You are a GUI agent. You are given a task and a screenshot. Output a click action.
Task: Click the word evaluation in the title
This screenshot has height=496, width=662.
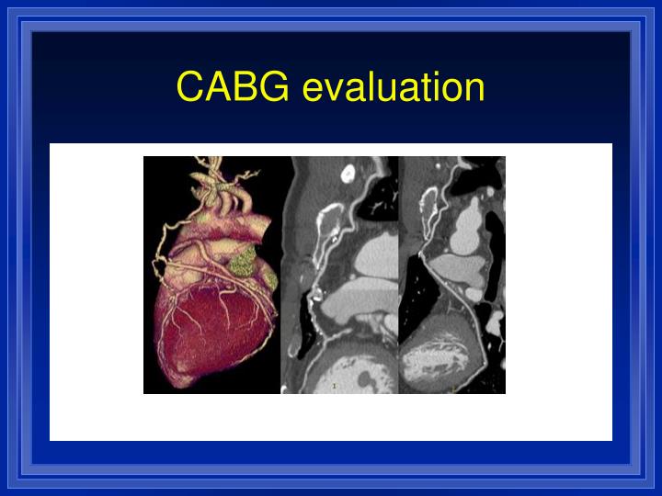[x=393, y=88]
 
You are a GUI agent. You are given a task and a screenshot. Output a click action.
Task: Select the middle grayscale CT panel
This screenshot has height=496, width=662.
[x=340, y=276]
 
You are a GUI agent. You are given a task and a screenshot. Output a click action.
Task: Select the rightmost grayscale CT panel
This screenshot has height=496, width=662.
[x=452, y=276]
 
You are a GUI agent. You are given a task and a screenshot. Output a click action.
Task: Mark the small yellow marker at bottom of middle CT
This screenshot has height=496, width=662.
[x=335, y=387]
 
